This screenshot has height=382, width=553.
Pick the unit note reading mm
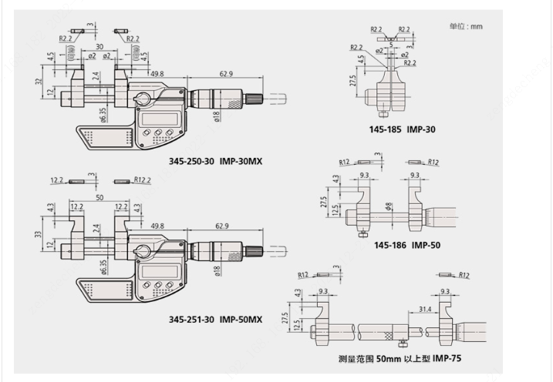(x=465, y=26)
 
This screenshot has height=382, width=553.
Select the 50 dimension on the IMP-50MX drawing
(x=99, y=198)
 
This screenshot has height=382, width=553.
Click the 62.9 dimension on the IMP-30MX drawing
(x=226, y=74)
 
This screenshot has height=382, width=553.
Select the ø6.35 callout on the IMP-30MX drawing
(x=103, y=113)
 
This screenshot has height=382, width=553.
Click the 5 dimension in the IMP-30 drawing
(x=391, y=45)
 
